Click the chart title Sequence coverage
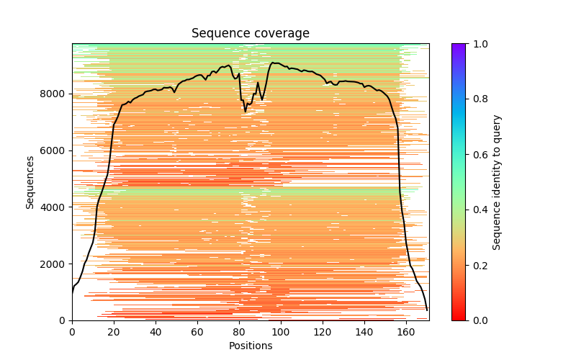[x=251, y=34]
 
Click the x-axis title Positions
[x=251, y=346]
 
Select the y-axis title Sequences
[x=30, y=182]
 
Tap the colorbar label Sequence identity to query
[x=497, y=182]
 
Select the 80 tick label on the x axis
[x=239, y=333]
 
